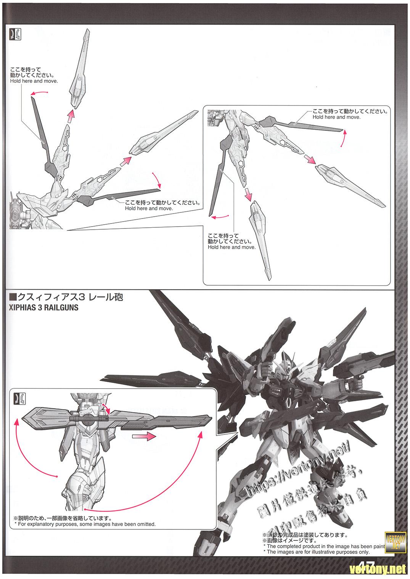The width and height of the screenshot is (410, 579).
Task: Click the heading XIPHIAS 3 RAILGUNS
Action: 43,308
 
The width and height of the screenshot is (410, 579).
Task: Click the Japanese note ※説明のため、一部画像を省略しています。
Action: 63,518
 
